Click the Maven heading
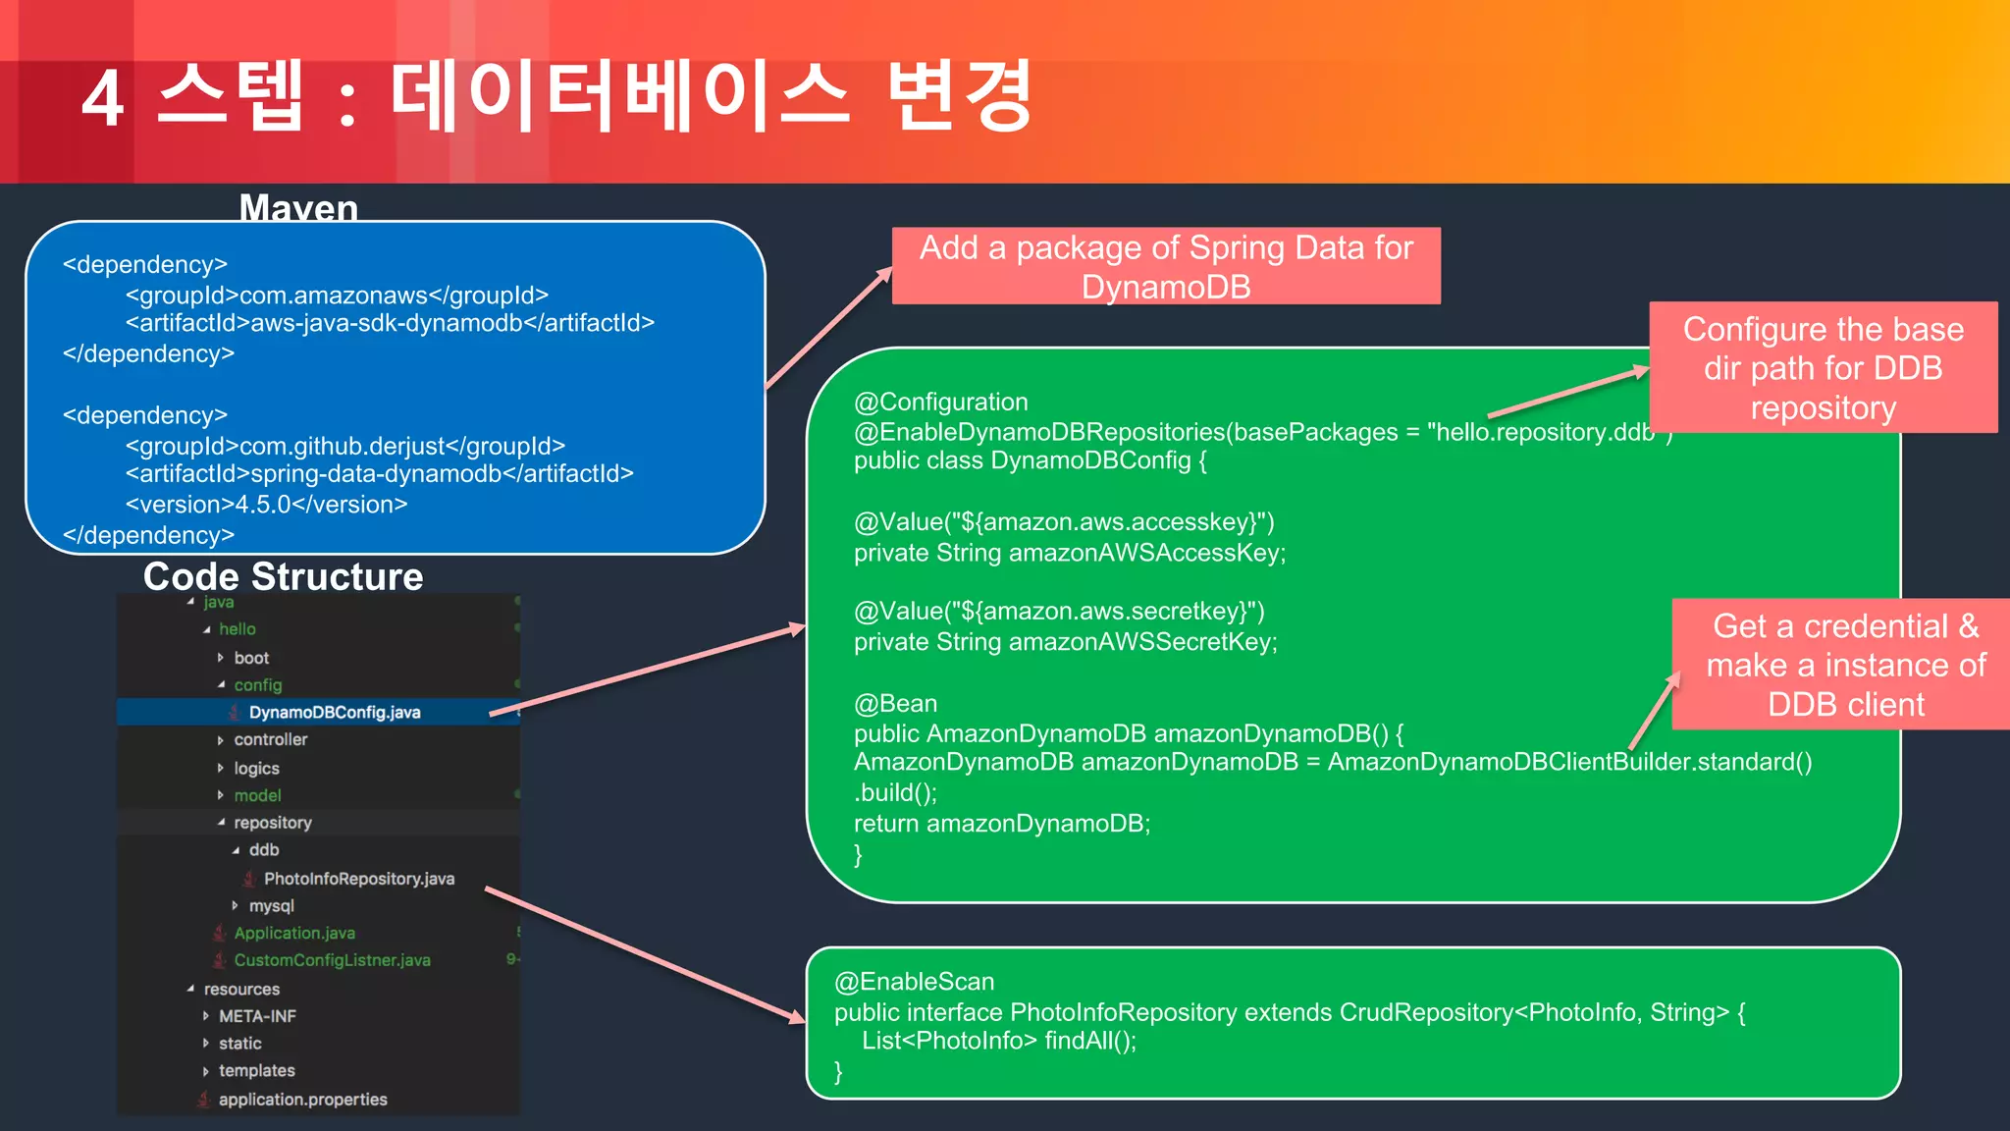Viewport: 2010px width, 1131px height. (x=298, y=208)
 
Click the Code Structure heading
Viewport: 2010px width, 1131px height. (x=283, y=576)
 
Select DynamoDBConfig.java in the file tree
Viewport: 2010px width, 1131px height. (x=334, y=712)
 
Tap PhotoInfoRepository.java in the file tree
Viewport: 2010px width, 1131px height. (x=358, y=879)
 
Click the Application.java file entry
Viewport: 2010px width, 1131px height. (x=293, y=933)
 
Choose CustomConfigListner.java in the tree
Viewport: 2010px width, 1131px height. (x=332, y=960)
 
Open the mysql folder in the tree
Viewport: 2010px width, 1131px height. (x=271, y=905)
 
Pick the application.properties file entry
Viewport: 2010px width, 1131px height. (x=302, y=1100)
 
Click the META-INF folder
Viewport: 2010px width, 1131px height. (x=257, y=1016)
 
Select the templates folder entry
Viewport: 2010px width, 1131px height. (x=256, y=1070)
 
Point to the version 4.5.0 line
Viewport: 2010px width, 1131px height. (x=266, y=505)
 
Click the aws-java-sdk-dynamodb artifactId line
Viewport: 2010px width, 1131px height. (x=390, y=323)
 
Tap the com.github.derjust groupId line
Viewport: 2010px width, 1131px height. (x=344, y=446)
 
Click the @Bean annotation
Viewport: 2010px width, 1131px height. (x=895, y=703)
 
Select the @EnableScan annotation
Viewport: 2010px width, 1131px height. (x=914, y=982)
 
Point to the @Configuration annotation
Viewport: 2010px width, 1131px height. (x=940, y=402)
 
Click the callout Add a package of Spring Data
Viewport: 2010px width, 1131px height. (x=1165, y=266)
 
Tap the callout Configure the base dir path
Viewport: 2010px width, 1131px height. (x=1823, y=367)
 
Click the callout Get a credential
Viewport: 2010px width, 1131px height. (x=1845, y=665)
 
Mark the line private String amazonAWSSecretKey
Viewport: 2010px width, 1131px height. (x=1065, y=642)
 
